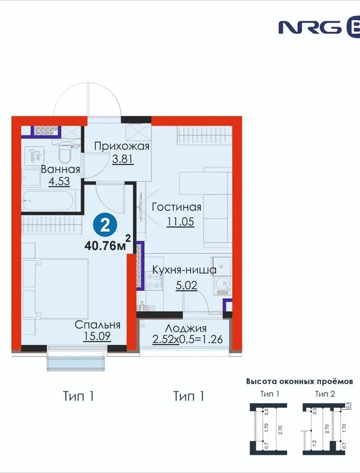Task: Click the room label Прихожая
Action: [x=122, y=146]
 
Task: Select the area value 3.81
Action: [x=123, y=159]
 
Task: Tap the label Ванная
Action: [x=60, y=169]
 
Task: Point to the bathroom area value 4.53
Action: [x=59, y=182]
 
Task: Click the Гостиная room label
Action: [x=176, y=208]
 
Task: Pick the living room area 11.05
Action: [x=181, y=222]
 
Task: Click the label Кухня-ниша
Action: [x=184, y=270]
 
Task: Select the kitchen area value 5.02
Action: [x=186, y=285]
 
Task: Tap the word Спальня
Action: [x=98, y=325]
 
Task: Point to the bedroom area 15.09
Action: [x=97, y=336]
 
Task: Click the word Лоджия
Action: [x=186, y=329]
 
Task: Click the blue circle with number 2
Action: [x=105, y=225]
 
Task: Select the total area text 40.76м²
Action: [x=108, y=244]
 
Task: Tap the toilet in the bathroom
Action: [x=65, y=154]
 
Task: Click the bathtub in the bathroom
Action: [x=48, y=200]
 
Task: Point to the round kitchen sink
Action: [x=223, y=284]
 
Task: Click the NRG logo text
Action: [x=310, y=28]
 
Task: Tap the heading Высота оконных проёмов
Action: [x=299, y=381]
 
